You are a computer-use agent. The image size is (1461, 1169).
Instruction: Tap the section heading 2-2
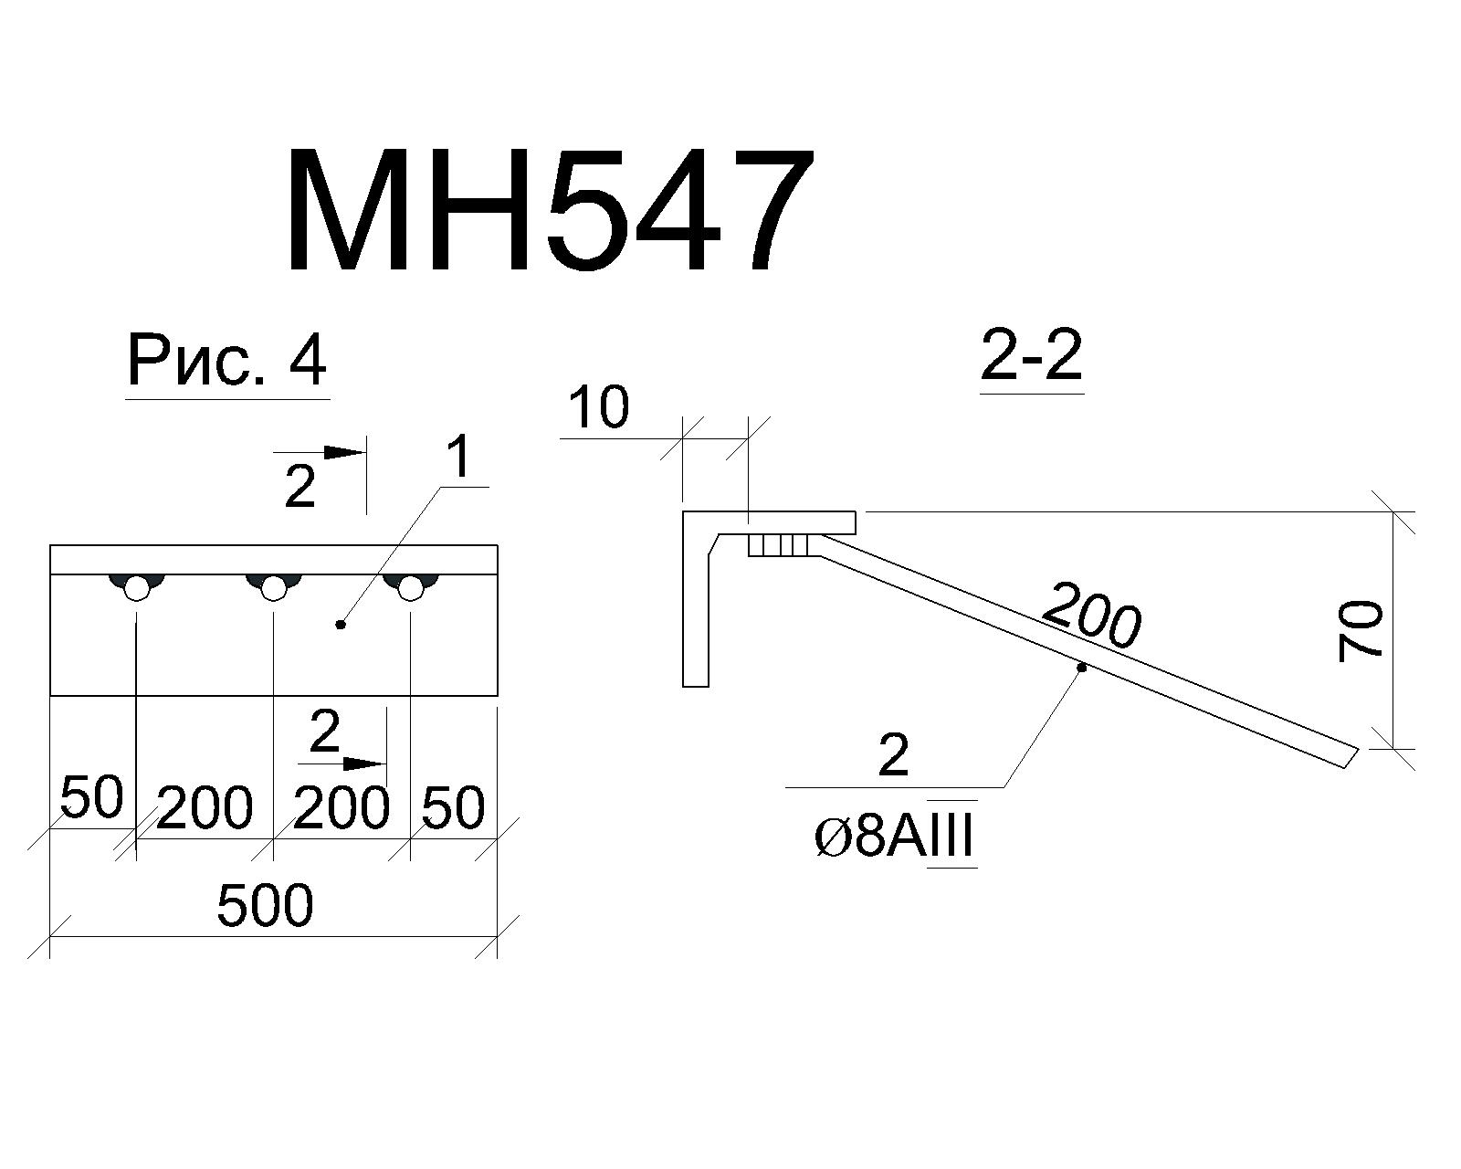tap(1031, 357)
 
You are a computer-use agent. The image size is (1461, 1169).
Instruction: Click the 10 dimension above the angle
tap(600, 408)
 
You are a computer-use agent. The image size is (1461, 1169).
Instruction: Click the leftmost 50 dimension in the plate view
tap(92, 796)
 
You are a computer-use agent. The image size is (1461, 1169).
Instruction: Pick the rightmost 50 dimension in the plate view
tap(454, 807)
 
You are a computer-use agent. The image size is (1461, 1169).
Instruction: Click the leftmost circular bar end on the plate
tap(136, 588)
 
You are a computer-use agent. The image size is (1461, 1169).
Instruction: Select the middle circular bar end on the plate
tap(274, 588)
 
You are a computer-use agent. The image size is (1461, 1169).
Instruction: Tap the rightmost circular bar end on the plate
tap(411, 588)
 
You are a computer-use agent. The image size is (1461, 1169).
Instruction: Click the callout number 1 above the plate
tap(460, 458)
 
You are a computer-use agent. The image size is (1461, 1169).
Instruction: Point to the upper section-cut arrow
tap(320, 453)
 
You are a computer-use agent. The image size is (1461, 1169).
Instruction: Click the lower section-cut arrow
tap(342, 764)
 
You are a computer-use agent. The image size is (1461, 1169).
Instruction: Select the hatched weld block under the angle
tap(778, 545)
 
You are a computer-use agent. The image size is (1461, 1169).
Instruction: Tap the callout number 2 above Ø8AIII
tap(893, 757)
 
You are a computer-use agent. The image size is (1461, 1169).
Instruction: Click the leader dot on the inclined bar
tap(1081, 669)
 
